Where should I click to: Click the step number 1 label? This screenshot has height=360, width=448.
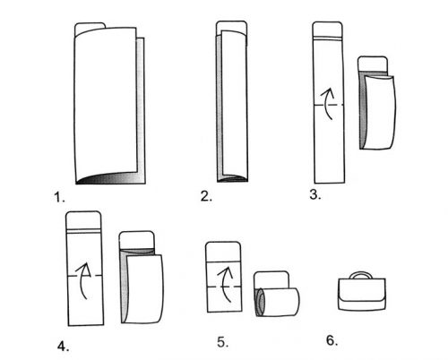click(59, 197)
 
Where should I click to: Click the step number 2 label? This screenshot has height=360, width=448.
click(206, 196)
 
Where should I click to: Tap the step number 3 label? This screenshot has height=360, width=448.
click(315, 194)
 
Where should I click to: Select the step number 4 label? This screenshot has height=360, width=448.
click(63, 347)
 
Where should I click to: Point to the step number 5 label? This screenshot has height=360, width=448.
click(223, 342)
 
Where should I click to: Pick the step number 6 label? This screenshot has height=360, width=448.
click(332, 340)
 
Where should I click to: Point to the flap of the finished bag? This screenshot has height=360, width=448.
click(362, 291)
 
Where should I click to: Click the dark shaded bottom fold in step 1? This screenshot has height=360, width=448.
click(110, 178)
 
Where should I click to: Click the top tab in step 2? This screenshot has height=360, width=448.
click(231, 26)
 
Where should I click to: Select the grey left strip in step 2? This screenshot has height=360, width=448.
click(220, 107)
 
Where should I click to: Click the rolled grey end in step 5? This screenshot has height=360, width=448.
click(260, 302)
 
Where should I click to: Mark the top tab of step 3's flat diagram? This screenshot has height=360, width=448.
click(327, 30)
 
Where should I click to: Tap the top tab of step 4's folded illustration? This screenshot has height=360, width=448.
click(137, 240)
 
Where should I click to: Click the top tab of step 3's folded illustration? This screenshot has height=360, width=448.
click(373, 64)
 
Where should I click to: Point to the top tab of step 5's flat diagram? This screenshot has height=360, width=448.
click(223, 252)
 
